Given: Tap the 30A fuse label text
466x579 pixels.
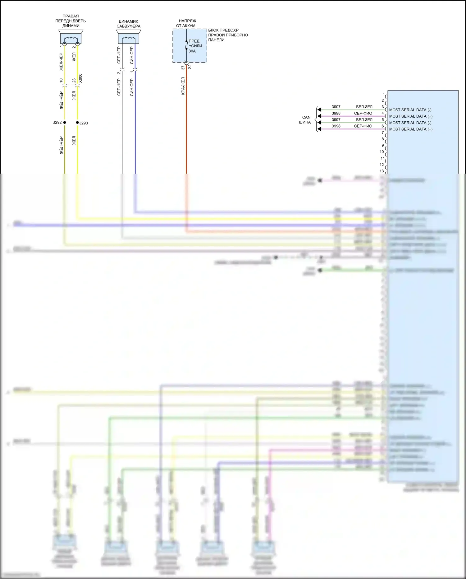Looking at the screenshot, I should tap(192, 51).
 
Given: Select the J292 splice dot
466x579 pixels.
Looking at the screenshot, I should tap(65, 123).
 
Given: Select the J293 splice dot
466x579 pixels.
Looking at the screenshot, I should tap(77, 123).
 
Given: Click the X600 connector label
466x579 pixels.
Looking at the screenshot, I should tap(80, 78).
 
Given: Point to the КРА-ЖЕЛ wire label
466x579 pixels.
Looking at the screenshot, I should tap(183, 86).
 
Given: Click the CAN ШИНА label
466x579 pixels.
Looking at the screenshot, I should tap(305, 120).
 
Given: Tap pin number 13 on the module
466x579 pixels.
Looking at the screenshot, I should tap(382, 171).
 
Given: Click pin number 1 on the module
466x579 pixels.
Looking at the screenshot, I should tap(384, 94).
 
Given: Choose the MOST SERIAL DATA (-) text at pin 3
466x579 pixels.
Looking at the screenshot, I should tap(410, 110).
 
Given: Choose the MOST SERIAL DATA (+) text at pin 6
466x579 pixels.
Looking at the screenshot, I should tap(411, 129).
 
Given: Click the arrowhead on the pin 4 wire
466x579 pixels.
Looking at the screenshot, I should tap(319, 116).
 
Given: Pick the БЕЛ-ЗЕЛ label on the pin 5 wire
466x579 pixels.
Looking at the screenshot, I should tap(364, 120).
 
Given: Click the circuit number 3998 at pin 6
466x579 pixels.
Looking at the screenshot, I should tap(336, 126).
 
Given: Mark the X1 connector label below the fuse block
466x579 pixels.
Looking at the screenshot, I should tap(190, 67).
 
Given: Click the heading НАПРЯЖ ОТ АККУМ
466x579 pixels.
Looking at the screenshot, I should tap(186, 23).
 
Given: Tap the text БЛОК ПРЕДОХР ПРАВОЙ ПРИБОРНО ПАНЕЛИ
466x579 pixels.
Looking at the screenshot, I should tap(228, 35).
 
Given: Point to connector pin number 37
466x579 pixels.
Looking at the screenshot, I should tap(183, 68).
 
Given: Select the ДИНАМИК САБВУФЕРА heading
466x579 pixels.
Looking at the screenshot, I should tap(128, 24).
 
